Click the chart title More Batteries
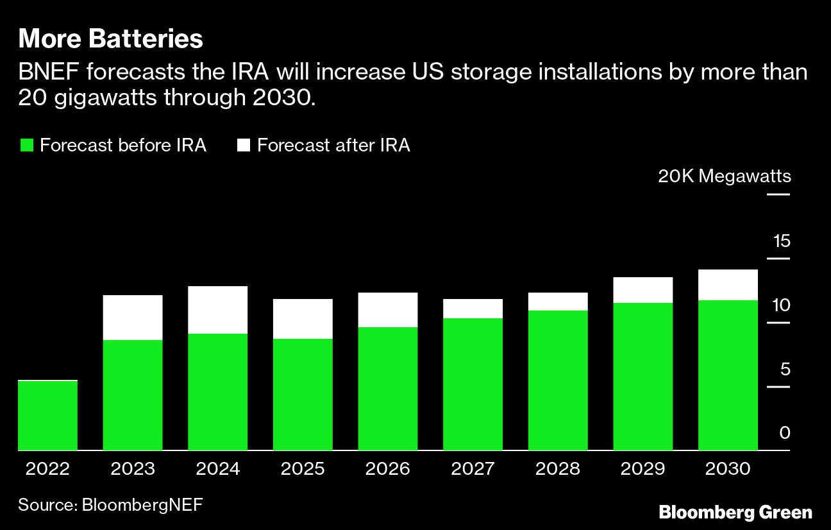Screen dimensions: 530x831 pyautogui.click(x=111, y=40)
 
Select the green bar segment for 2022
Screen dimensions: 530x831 pyautogui.click(x=48, y=416)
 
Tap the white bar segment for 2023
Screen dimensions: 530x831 pyautogui.click(x=133, y=318)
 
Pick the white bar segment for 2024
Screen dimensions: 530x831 pyautogui.click(x=218, y=310)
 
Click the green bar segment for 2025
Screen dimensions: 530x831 pyautogui.click(x=303, y=394)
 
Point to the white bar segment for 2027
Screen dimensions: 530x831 pyautogui.click(x=473, y=309)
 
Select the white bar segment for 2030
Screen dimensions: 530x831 pyautogui.click(x=728, y=285)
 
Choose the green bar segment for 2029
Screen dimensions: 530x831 pyautogui.click(x=643, y=376)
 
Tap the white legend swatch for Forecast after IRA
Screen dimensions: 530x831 pyautogui.click(x=243, y=145)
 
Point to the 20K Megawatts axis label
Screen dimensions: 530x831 pyautogui.click(x=724, y=176)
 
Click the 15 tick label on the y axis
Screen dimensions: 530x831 pyautogui.click(x=782, y=242)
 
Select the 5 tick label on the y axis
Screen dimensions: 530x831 pyautogui.click(x=785, y=370)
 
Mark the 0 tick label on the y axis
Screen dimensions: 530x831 pyautogui.click(x=785, y=433)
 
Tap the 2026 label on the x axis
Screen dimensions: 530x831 pyautogui.click(x=387, y=469)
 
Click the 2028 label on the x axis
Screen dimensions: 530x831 pyautogui.click(x=557, y=469)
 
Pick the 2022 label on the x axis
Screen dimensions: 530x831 pyautogui.click(x=48, y=469)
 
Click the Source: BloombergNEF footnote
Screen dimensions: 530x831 pyautogui.click(x=110, y=504)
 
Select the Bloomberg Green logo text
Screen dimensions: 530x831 pyautogui.click(x=735, y=513)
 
